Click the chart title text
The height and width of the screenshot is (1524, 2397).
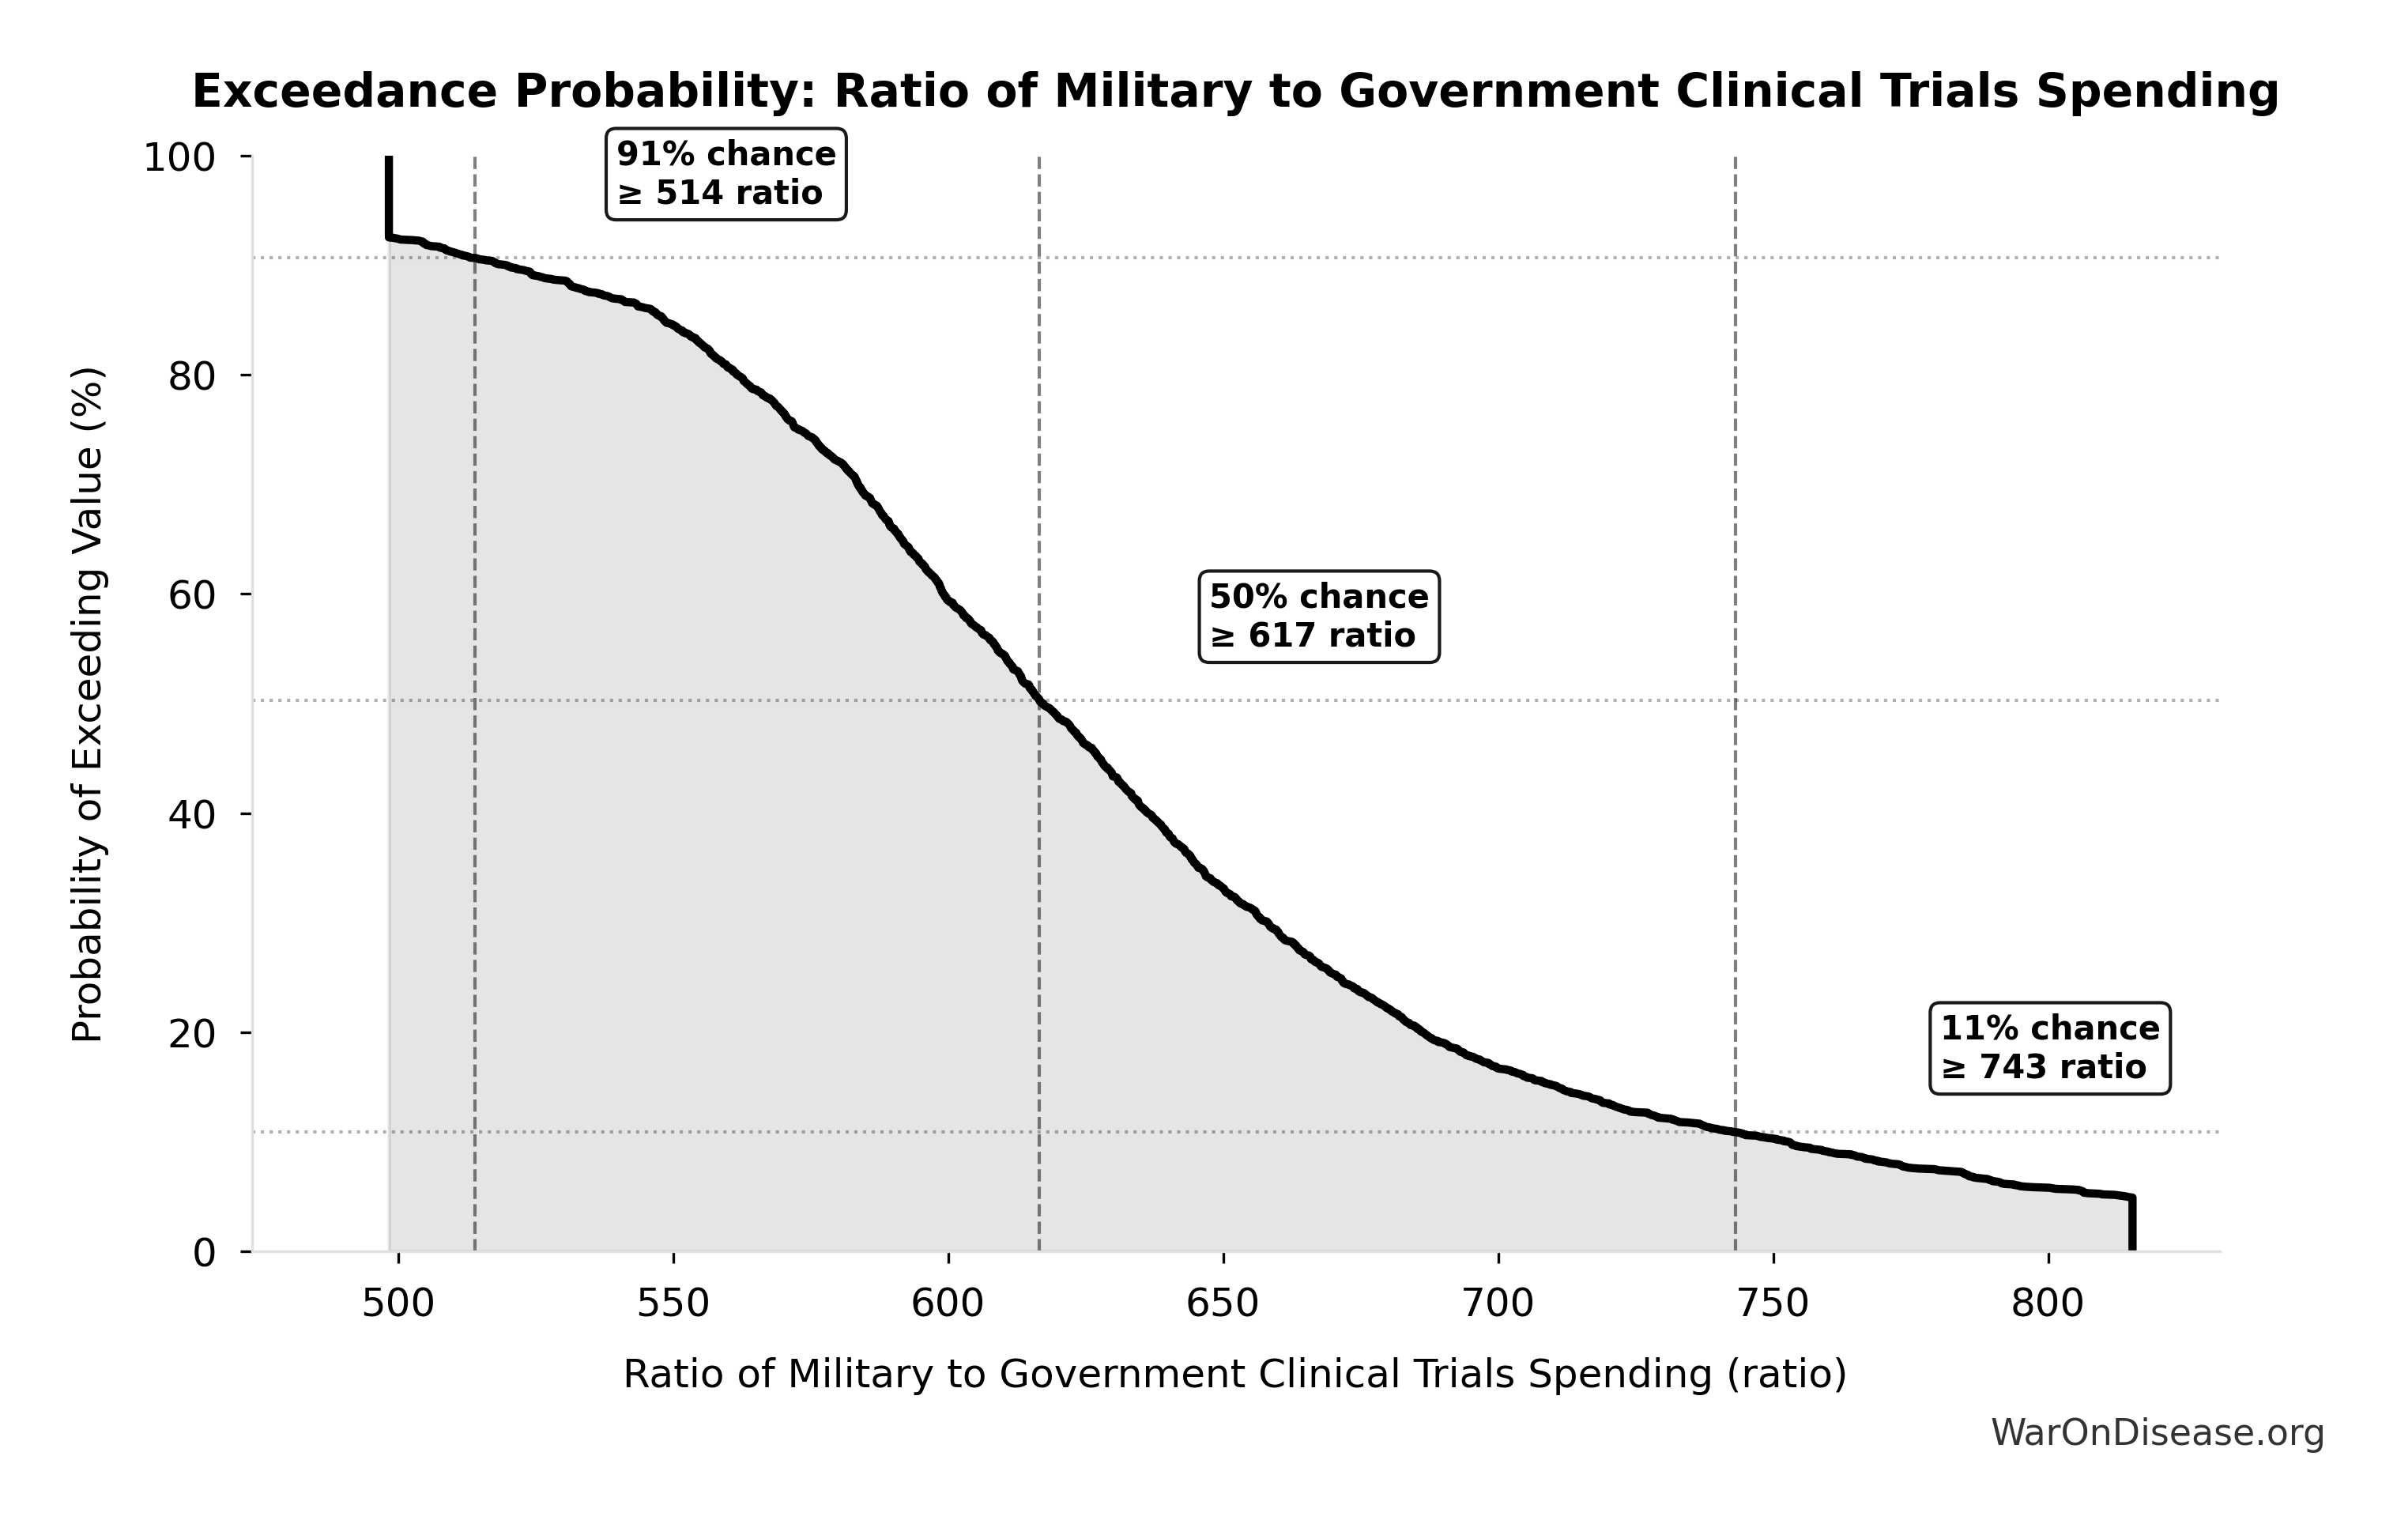tap(1235, 92)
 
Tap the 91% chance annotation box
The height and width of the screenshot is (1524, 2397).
tap(726, 174)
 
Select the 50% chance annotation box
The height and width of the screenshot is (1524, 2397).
tap(1318, 617)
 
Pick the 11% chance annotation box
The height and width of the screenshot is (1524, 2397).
tap(2049, 1048)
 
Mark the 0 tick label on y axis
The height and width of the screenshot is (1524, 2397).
tap(204, 1253)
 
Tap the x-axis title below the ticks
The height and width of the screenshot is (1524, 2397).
tap(1234, 1375)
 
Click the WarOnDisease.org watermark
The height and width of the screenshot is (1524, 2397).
tap(2157, 1433)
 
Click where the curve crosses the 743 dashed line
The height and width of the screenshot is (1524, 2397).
tap(1735, 1133)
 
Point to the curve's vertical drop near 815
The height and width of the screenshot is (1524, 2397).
tap(2131, 1224)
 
